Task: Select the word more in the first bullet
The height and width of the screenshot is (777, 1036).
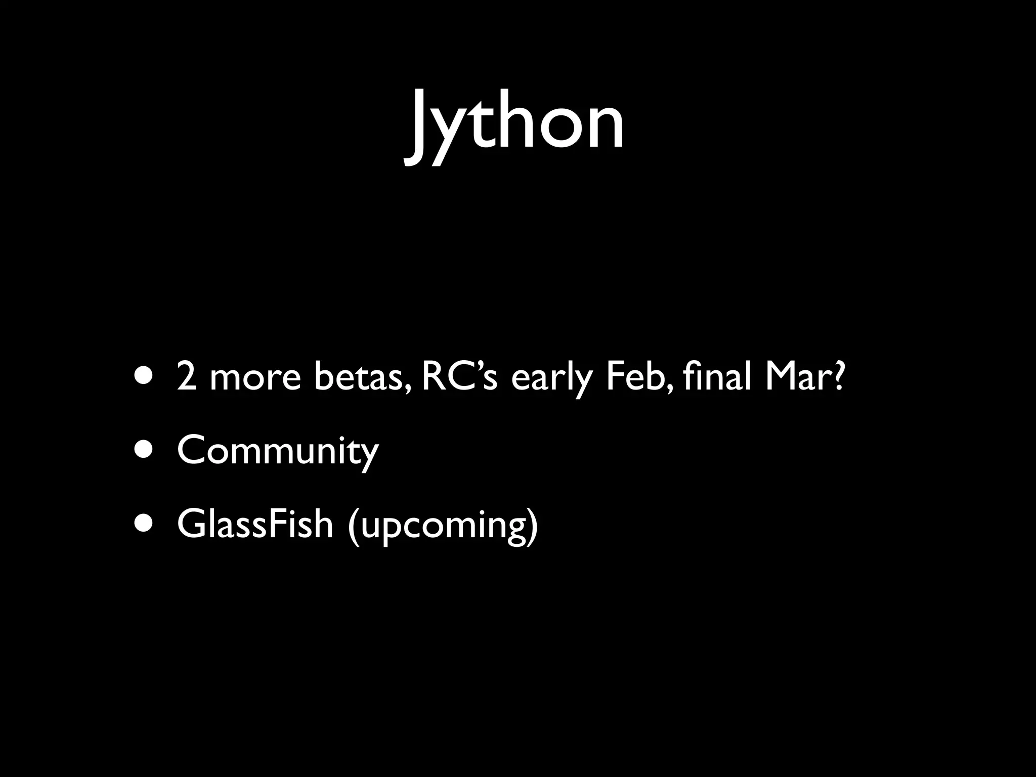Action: (255, 378)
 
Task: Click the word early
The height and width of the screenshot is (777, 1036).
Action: (551, 378)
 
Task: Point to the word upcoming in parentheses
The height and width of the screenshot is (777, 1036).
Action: (443, 526)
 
